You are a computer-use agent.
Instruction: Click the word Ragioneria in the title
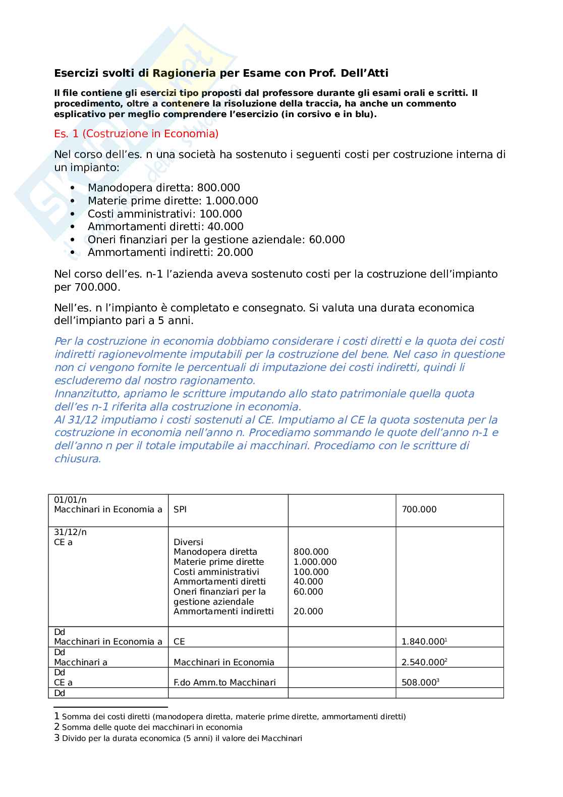click(184, 73)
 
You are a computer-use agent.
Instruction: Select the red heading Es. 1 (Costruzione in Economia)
click(136, 134)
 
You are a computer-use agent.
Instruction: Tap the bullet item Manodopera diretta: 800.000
click(163, 188)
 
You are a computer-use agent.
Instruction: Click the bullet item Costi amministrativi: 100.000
click(164, 214)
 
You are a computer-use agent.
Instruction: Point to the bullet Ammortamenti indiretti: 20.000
click(170, 252)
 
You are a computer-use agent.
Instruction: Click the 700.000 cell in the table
click(419, 510)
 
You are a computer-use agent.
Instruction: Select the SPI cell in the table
click(180, 510)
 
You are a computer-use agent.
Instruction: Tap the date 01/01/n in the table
click(70, 500)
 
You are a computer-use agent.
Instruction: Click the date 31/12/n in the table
click(70, 532)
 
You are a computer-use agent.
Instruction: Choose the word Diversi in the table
click(188, 542)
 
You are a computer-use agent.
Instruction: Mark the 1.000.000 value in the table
click(315, 562)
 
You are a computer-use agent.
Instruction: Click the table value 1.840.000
click(423, 642)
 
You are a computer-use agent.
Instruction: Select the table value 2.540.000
click(423, 662)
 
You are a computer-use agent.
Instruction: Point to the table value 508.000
click(419, 682)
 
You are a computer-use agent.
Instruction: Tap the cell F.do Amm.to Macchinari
click(224, 682)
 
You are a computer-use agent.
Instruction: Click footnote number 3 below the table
click(57, 738)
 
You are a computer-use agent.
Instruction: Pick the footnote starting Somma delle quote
click(152, 727)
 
